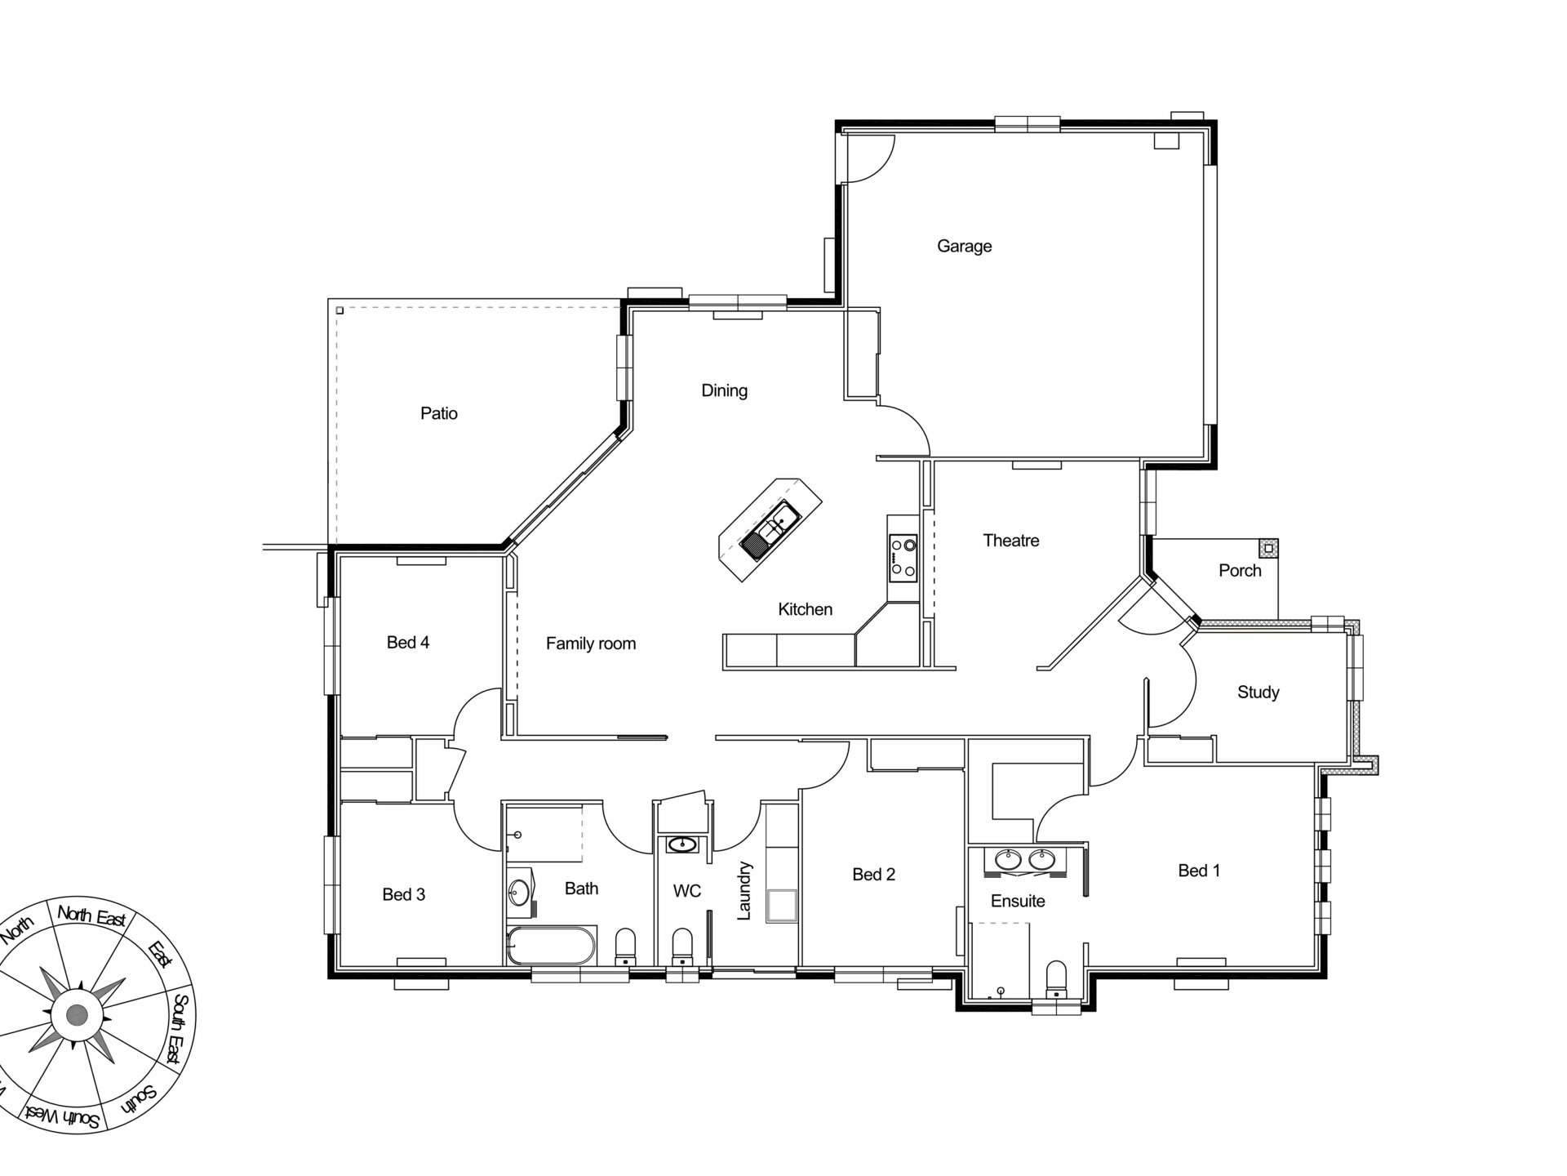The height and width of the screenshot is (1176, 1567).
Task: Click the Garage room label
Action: pyautogui.click(x=964, y=246)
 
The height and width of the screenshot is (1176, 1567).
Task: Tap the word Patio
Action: pyautogui.click(x=439, y=413)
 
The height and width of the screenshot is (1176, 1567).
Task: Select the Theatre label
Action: pyautogui.click(x=1011, y=541)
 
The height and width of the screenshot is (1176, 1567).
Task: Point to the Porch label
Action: pyautogui.click(x=1240, y=571)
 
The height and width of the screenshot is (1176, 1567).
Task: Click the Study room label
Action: pyautogui.click(x=1258, y=693)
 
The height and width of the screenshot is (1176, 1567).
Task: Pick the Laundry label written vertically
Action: pyautogui.click(x=744, y=890)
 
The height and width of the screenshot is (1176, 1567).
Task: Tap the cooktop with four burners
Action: pyautogui.click(x=903, y=557)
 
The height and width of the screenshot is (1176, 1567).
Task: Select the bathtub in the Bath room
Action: pyautogui.click(x=551, y=946)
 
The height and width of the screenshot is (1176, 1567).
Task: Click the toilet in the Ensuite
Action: pyautogui.click(x=1056, y=978)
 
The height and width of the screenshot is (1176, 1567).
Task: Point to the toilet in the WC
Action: pyautogui.click(x=682, y=947)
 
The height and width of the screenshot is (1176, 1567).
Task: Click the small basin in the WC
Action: pyautogui.click(x=681, y=844)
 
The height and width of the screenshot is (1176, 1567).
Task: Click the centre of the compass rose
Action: pyautogui.click(x=77, y=1015)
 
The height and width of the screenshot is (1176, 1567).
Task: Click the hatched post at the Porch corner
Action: pyautogui.click(x=1268, y=548)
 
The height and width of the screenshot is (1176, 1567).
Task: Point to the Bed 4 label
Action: pyautogui.click(x=407, y=643)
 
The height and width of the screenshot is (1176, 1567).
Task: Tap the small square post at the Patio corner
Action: pyautogui.click(x=340, y=310)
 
